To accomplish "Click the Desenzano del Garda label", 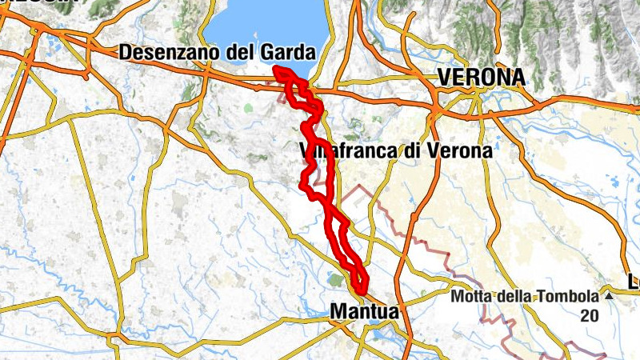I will [x=216, y=53].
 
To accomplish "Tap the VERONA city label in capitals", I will [x=481, y=78].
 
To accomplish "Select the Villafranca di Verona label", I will [x=392, y=150].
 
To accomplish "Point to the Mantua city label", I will [x=364, y=310].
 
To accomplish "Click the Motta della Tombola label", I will [x=524, y=296].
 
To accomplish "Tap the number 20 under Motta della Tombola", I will [x=590, y=315].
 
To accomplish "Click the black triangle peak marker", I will [x=608, y=296].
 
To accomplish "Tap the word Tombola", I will [x=571, y=296].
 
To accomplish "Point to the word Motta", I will [x=471, y=296].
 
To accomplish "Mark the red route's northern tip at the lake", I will [x=277, y=70].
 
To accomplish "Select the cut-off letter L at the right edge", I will [x=634, y=281].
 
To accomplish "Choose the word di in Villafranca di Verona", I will [x=418, y=150].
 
